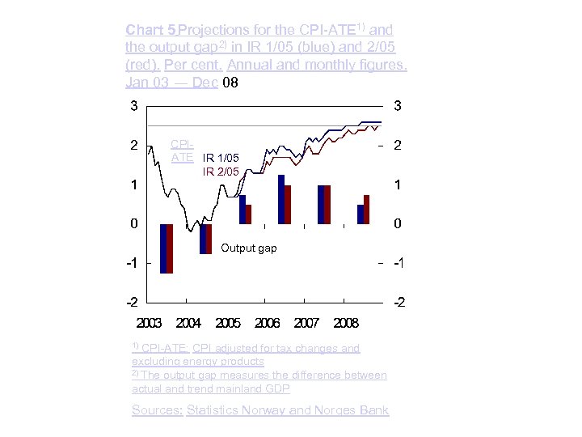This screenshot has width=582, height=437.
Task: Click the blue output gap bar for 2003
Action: point(163,248)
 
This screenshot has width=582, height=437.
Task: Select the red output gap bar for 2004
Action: point(209,239)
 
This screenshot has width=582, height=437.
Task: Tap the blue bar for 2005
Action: point(242,210)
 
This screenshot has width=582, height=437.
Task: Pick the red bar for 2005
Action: point(249,214)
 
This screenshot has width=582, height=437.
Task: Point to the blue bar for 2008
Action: point(361,214)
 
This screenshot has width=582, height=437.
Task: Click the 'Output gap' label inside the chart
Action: point(249,248)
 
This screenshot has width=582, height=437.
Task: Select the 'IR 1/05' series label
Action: point(221,158)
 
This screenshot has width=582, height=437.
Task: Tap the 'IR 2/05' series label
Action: point(221,172)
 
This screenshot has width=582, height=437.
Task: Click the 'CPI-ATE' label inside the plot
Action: point(182,151)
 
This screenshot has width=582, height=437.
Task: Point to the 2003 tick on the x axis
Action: point(149,323)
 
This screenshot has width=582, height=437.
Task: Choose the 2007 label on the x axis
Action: point(306,323)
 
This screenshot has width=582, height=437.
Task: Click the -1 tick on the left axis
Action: point(129,264)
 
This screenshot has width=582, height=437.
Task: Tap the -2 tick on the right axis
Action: point(399,303)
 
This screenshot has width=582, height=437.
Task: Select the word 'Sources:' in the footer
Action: point(157,410)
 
